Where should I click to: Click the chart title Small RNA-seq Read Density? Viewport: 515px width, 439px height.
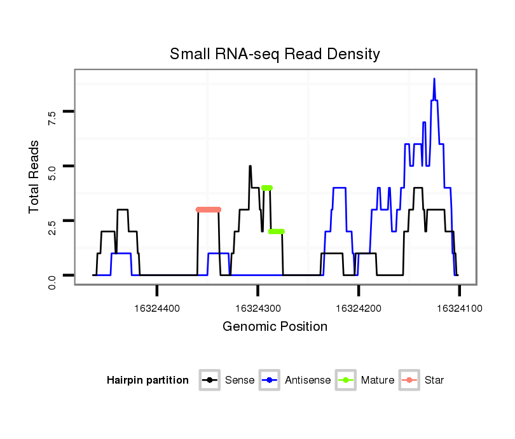pyautogui.click(x=275, y=54)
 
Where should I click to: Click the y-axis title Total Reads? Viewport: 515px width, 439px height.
pyautogui.click(x=35, y=176)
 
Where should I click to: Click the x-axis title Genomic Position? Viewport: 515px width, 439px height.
pyautogui.click(x=275, y=327)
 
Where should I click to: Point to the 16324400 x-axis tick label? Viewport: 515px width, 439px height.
pyautogui.click(x=157, y=308)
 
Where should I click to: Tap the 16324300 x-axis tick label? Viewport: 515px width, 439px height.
pyautogui.click(x=257, y=308)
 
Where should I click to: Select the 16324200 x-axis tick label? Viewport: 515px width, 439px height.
pyautogui.click(x=359, y=308)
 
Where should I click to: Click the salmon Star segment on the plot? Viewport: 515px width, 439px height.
pyautogui.click(x=208, y=209)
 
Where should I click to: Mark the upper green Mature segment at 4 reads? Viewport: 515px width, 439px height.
pyautogui.click(x=267, y=188)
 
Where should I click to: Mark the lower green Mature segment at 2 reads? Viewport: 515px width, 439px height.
pyautogui.click(x=277, y=232)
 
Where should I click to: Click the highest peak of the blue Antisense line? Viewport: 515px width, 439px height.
pyautogui.click(x=434, y=79)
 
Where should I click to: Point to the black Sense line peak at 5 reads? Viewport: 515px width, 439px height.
pyautogui.click(x=250, y=167)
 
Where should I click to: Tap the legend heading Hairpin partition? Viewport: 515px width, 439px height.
pyautogui.click(x=148, y=380)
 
